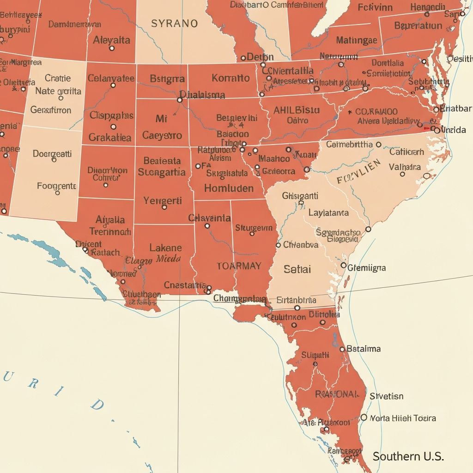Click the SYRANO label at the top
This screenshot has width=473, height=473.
pos(174,23)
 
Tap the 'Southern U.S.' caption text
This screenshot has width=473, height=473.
pos(408,456)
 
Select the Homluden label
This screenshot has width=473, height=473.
pos(229,188)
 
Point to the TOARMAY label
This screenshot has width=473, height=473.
pos(239,266)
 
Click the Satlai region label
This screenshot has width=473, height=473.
pos(297,269)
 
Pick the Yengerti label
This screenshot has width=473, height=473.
pos(163,200)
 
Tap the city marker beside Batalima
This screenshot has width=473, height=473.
pos(342,349)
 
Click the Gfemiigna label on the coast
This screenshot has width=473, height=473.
pos(367,267)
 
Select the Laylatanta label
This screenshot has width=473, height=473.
pos(328,213)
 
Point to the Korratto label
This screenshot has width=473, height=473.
pos(230,78)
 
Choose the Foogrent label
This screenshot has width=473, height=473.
pos(56,186)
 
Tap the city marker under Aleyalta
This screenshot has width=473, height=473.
pos(111,48)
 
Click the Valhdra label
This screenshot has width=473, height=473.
pos(405,167)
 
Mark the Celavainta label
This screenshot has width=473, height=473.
pos(209,218)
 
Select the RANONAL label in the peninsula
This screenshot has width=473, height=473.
pos(336,394)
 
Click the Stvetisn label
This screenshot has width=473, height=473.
pos(386,396)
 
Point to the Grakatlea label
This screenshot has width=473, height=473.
pos(110,137)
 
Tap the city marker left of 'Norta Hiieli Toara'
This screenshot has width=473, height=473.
pos(364,417)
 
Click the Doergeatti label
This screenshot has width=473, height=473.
pos(52,153)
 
